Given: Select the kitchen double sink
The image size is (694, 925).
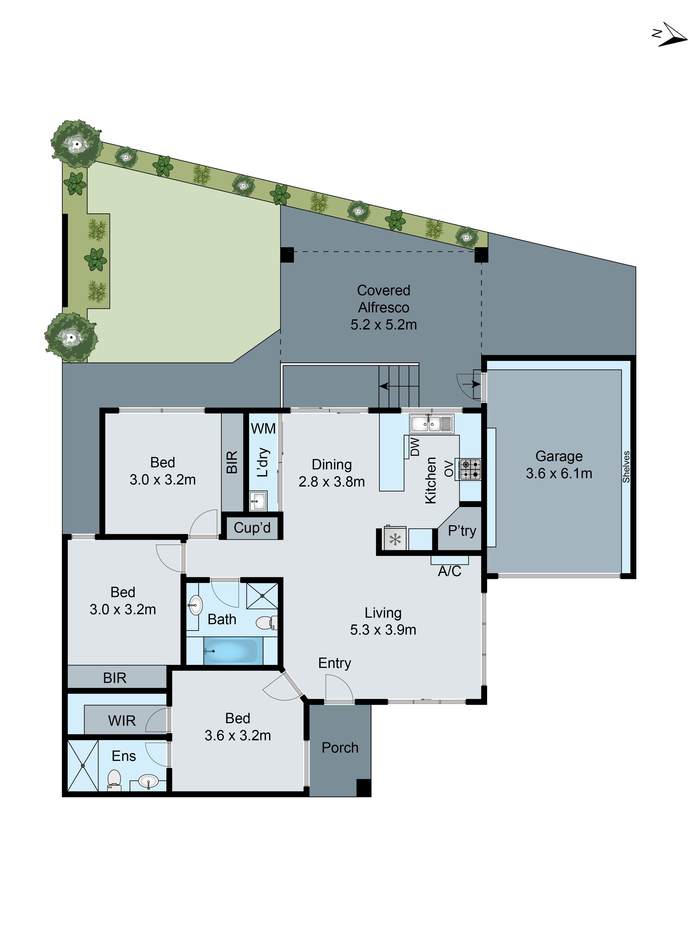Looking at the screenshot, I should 431,423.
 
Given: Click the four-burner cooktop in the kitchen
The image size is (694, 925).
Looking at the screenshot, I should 470,469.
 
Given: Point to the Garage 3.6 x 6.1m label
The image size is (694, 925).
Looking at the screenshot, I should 559,465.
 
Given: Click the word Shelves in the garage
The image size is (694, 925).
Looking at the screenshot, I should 626,467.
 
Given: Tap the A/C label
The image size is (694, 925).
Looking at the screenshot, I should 449,571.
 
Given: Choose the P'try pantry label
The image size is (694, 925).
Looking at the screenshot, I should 462,531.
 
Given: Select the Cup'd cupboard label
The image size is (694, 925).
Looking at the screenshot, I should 252,528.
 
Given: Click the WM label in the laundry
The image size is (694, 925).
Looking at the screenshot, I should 263,428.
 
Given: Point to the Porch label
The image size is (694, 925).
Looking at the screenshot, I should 339,748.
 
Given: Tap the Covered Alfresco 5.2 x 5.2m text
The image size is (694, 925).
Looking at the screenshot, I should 383,307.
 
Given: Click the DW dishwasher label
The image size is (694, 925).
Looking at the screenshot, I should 415,446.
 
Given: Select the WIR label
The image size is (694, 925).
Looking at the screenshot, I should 122,721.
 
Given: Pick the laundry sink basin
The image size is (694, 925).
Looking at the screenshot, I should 257,501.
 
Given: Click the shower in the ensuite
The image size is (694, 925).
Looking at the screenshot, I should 83,765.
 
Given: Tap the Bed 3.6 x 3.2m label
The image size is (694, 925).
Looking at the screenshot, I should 238,727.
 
